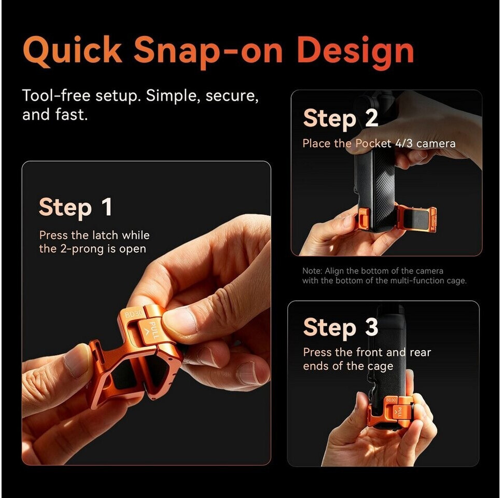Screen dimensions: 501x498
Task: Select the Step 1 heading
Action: [x=75, y=208]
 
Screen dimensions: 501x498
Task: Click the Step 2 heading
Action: [x=341, y=119]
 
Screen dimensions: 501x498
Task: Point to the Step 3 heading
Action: [x=341, y=327]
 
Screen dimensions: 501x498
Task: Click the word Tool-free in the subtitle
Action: [x=56, y=95]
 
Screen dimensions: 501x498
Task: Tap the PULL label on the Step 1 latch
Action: [x=154, y=330]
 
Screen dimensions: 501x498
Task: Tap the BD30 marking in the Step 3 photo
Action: [x=391, y=400]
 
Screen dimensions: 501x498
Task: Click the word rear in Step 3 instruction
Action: [x=421, y=353]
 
